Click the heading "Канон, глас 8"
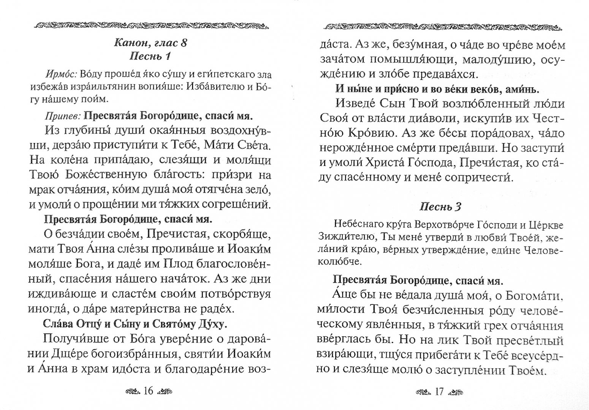(x=150, y=43)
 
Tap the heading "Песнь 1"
(x=150, y=57)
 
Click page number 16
(x=149, y=391)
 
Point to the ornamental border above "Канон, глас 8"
(x=150, y=26)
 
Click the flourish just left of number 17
(x=424, y=391)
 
